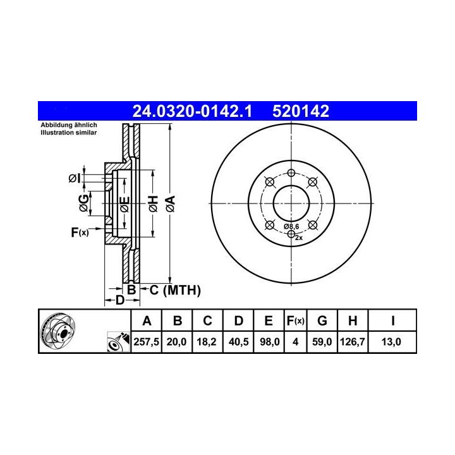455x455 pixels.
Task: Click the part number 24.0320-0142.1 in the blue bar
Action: (x=192, y=111)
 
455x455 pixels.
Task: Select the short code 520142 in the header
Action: (x=301, y=111)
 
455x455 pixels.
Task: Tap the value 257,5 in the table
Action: (x=146, y=342)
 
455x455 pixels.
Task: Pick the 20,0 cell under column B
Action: (x=176, y=342)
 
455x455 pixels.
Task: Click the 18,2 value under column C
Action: (x=207, y=342)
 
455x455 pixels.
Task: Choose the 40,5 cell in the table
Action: (x=238, y=342)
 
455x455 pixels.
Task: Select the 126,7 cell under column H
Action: (x=352, y=342)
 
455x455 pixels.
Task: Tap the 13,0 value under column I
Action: (x=391, y=342)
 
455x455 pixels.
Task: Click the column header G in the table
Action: (x=322, y=321)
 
